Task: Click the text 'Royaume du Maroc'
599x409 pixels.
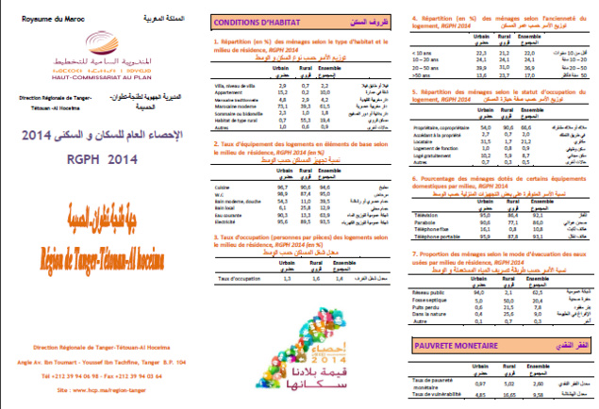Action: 42,17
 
